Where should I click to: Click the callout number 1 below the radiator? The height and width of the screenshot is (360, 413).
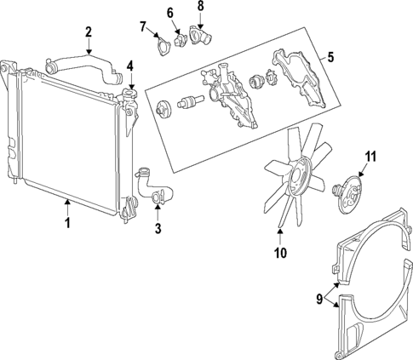(66, 225)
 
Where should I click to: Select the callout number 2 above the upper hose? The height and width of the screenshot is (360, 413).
(89, 32)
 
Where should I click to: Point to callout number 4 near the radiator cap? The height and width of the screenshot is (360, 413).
(130, 66)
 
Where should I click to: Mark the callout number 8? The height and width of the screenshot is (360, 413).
(201, 7)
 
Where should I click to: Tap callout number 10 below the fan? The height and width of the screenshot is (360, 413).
(279, 253)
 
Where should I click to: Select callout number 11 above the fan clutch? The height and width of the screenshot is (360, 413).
(370, 157)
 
